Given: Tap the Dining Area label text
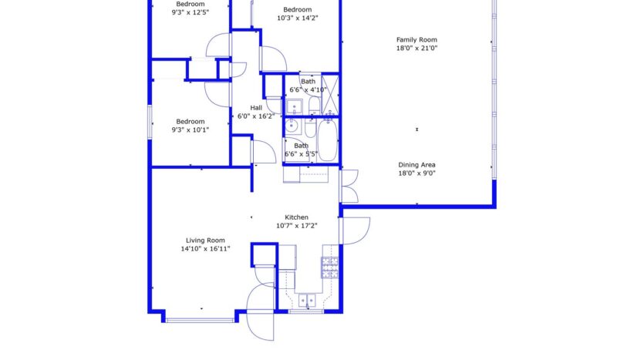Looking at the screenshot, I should (417, 164).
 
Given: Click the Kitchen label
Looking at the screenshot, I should (297, 217).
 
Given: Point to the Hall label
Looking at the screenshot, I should (256, 107).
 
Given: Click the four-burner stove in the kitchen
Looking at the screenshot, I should (329, 267).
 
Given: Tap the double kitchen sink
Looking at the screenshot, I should (309, 300).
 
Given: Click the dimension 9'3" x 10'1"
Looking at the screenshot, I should (191, 130).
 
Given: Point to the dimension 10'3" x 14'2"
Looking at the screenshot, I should (297, 19).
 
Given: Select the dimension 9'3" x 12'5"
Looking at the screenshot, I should (190, 12).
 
